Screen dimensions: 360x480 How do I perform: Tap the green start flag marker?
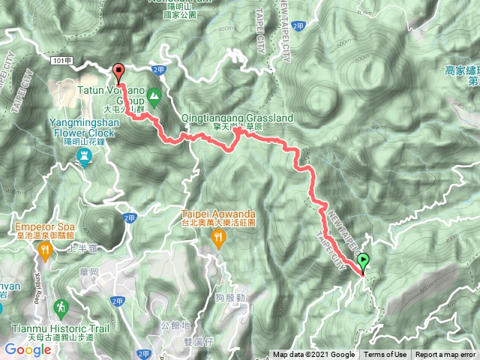(x=364, y=262)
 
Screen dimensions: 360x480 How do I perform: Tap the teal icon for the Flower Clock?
(x=84, y=157)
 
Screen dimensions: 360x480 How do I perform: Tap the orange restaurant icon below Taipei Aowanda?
(x=218, y=238)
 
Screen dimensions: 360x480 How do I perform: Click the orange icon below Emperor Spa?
(x=44, y=253)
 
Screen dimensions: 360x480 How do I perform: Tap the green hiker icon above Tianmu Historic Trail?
(x=61, y=307)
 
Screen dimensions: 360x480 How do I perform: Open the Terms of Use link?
(x=385, y=355)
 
